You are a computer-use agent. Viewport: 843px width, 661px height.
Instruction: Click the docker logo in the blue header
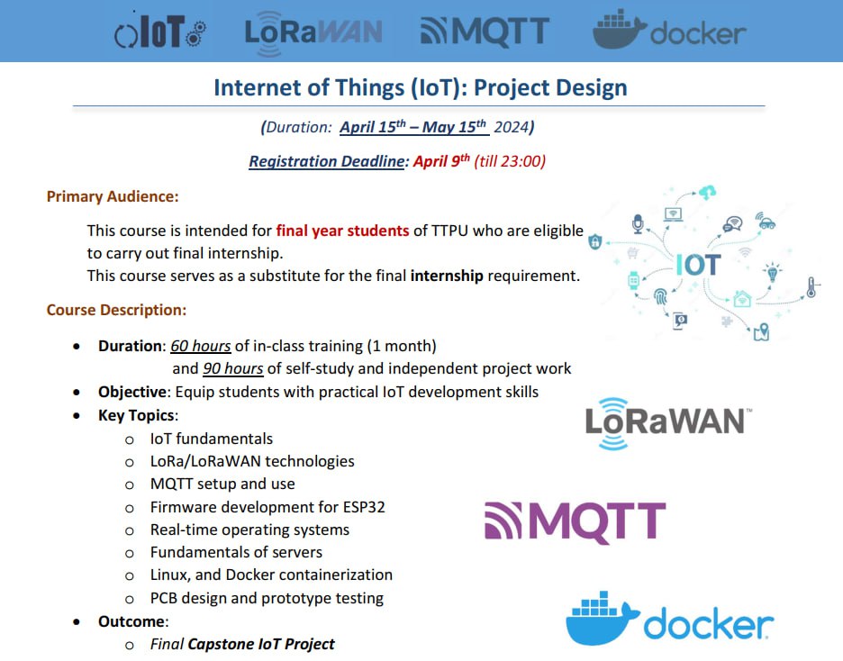pos(669,30)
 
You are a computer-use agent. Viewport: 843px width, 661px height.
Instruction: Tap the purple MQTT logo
pos(576,521)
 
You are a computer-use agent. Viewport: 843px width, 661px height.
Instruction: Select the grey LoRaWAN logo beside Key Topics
pos(668,423)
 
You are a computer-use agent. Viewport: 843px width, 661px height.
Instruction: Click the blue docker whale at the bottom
pos(603,618)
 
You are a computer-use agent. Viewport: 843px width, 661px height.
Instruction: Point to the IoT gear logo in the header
pos(159,32)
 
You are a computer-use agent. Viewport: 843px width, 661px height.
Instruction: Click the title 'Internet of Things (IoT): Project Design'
pos(421,87)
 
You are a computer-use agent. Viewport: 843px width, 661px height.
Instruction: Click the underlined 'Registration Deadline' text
pos(326,161)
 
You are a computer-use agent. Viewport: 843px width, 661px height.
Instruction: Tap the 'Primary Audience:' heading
pos(113,196)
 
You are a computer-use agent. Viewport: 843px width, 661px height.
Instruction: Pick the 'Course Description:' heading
pos(116,310)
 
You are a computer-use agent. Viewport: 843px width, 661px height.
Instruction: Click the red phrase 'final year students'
pos(342,231)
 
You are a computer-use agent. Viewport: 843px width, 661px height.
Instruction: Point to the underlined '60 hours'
pos(201,346)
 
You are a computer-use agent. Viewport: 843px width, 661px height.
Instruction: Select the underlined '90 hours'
pos(232,368)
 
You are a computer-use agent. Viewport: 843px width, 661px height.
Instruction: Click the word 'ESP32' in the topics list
pos(364,507)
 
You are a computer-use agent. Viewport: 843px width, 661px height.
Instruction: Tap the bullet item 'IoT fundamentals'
pos(212,439)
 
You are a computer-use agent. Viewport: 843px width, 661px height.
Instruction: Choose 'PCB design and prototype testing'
pos(267,598)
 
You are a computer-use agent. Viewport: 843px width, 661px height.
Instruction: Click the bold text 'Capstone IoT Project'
pos(261,644)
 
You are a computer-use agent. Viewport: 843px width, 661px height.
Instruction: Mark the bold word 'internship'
pos(447,276)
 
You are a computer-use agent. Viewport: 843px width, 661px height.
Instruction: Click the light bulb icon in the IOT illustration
pos(772,272)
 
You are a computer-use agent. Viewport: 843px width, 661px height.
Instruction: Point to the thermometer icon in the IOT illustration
pos(811,287)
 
